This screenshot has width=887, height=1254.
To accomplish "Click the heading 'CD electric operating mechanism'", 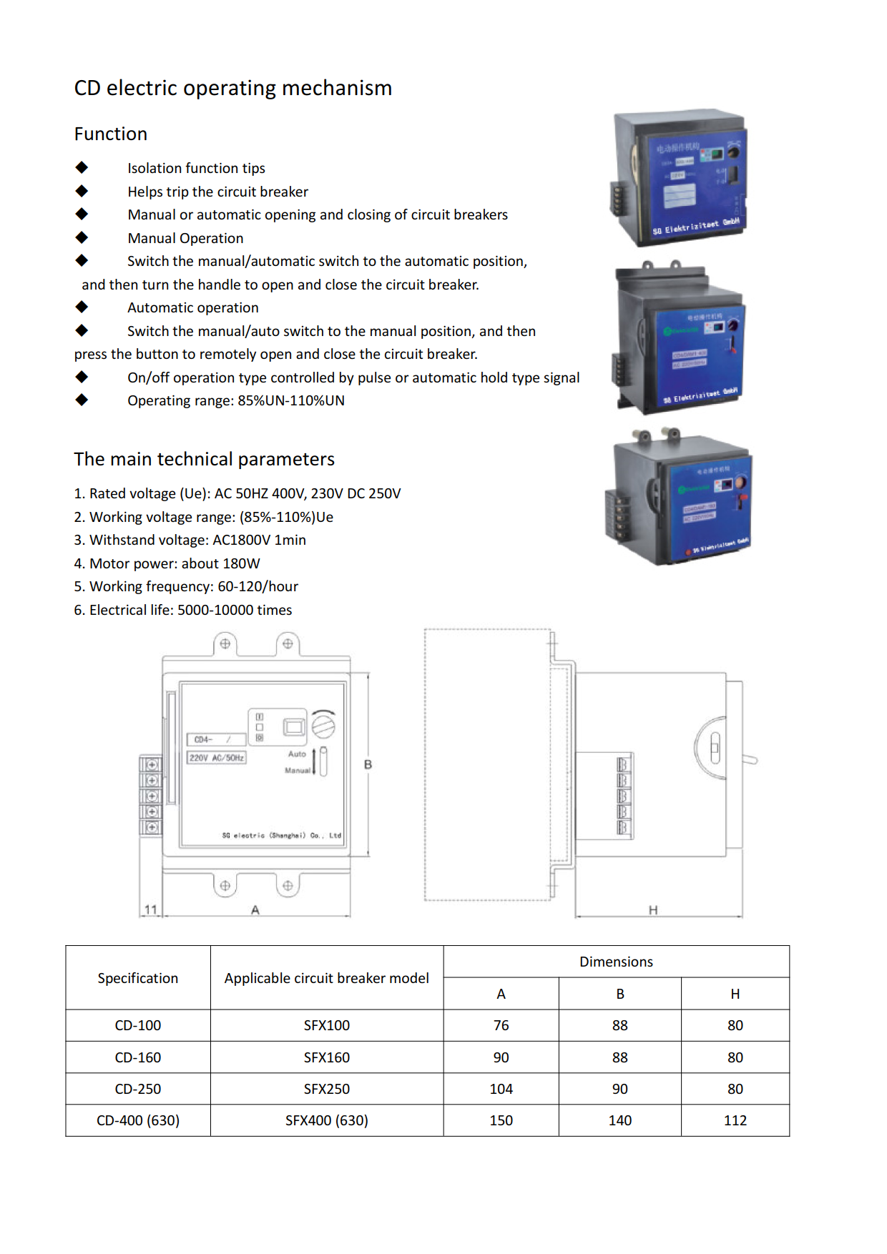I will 233,88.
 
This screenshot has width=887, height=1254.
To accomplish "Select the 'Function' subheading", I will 111,134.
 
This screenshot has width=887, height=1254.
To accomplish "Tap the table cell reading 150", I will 501,1120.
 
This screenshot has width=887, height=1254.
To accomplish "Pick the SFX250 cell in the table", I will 327,1089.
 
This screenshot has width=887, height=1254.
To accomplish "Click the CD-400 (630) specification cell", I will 138,1120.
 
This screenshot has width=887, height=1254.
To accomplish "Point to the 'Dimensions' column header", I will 616,962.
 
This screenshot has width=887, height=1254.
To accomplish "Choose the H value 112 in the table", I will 735,1120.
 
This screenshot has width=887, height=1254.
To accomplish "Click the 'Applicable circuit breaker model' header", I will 327,978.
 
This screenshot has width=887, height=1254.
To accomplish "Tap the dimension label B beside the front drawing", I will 368,765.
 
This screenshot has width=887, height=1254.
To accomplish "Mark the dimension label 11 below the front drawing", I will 150,909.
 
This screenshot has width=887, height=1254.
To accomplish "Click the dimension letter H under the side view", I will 652,910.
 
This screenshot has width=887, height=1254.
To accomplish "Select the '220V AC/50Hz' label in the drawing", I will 216,758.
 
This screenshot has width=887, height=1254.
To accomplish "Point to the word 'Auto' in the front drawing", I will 297,754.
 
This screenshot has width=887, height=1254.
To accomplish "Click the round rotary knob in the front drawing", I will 323,726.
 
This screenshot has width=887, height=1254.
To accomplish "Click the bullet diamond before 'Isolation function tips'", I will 82,167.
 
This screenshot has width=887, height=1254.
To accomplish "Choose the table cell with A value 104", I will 501,1089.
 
